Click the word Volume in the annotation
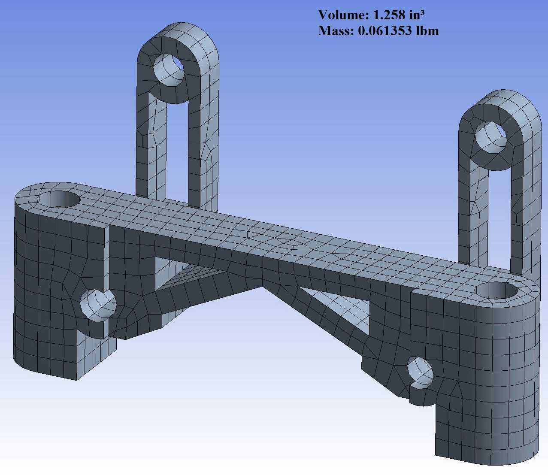(343, 15)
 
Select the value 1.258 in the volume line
(389, 15)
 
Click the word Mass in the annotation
(336, 31)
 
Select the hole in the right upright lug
(491, 137)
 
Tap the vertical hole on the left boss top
(59, 200)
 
